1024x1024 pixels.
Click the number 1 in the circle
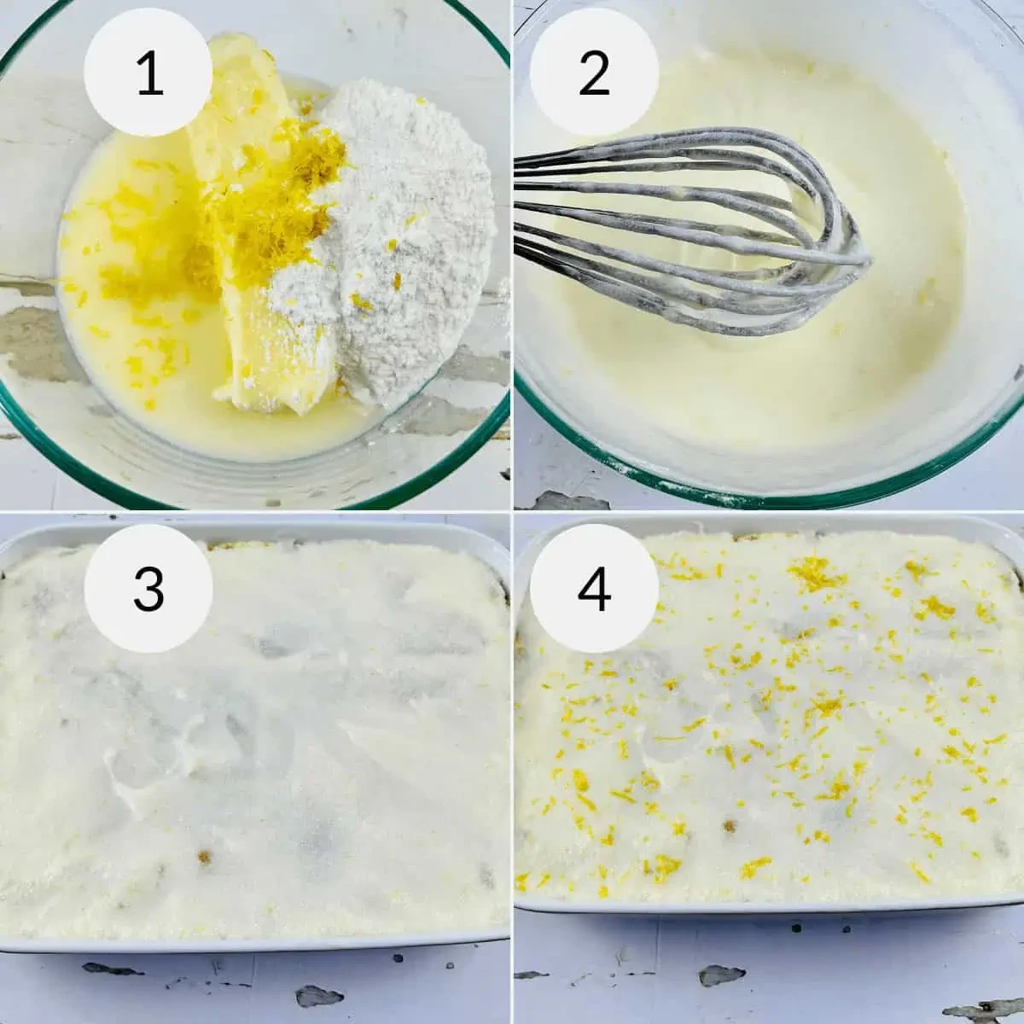[x=148, y=73]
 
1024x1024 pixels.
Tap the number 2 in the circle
[x=594, y=73]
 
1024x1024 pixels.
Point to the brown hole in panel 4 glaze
[x=730, y=826]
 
